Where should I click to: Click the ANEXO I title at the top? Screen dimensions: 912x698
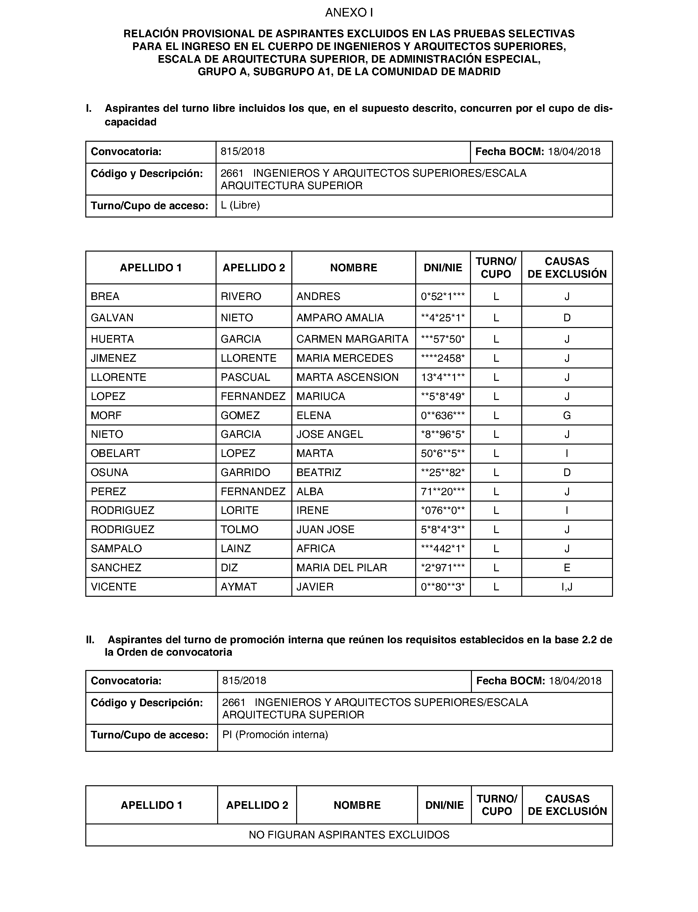click(x=349, y=13)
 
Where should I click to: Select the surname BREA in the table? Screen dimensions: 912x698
click(x=105, y=296)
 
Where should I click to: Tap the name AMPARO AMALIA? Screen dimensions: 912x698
click(x=340, y=318)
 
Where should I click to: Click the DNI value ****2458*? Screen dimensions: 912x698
click(x=443, y=358)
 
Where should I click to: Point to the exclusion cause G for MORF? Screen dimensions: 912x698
click(x=567, y=416)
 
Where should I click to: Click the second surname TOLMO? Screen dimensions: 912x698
click(x=239, y=529)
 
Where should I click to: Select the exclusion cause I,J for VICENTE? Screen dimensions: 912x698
click(x=567, y=587)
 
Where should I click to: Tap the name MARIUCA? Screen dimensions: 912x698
click(x=320, y=396)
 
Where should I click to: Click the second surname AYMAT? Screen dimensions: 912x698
click(x=239, y=587)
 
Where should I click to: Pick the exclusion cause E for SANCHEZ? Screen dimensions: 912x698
click(x=567, y=567)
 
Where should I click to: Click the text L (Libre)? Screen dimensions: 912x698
click(x=240, y=205)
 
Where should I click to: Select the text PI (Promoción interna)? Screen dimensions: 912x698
click(x=275, y=735)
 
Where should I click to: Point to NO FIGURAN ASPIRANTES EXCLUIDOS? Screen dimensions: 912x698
click(x=349, y=835)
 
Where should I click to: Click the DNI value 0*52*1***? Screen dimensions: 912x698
click(x=443, y=296)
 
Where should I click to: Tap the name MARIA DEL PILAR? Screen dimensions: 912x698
click(x=342, y=567)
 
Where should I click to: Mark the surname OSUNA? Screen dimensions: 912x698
click(x=110, y=473)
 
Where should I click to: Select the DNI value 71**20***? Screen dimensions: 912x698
click(x=443, y=492)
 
